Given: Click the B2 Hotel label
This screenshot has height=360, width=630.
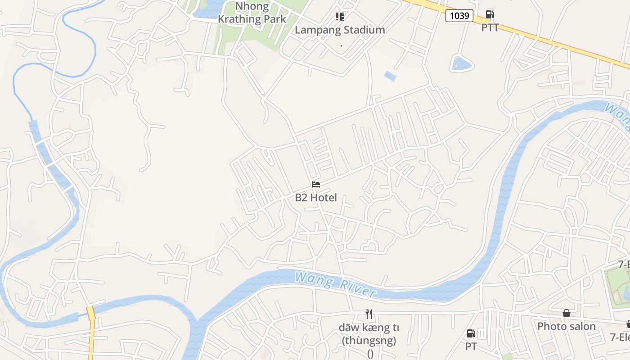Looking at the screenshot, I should (x=316, y=198).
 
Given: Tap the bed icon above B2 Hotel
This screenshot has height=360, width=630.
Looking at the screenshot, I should (x=316, y=184).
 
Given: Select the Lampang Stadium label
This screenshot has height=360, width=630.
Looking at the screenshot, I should (x=340, y=30).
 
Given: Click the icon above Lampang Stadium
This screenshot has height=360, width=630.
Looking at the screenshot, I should (x=340, y=17).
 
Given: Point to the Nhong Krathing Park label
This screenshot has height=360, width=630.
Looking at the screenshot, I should (x=252, y=13).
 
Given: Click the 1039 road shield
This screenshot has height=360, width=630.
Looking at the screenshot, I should (x=459, y=16).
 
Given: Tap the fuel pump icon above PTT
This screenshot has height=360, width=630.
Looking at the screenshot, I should (x=490, y=14).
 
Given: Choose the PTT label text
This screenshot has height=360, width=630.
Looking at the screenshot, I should (x=490, y=27).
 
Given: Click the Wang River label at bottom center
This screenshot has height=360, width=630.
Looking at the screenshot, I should (x=335, y=284).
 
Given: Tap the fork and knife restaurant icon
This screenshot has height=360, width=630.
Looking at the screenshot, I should (x=369, y=314).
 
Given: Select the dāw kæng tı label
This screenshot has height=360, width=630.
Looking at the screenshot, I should (x=369, y=328).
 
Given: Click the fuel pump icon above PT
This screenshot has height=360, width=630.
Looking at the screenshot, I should (x=471, y=333).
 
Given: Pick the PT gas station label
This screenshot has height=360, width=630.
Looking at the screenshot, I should (x=471, y=346).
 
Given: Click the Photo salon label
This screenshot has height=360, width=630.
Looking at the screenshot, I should (x=567, y=326).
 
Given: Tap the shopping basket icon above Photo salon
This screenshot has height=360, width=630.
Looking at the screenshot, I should (x=567, y=313).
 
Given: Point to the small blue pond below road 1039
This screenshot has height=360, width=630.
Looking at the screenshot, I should (x=461, y=64).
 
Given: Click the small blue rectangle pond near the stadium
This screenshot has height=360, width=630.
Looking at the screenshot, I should (x=390, y=76).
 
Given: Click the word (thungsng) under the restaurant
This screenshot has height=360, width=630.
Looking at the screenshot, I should (x=369, y=341).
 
